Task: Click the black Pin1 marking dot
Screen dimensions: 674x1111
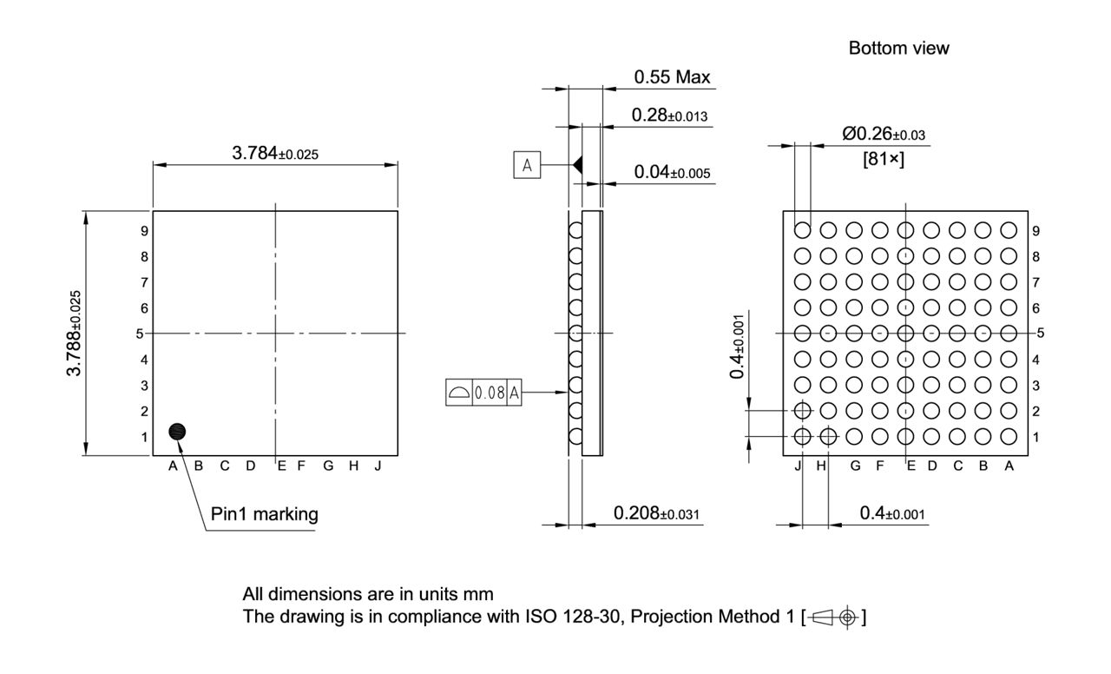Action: pos(178,432)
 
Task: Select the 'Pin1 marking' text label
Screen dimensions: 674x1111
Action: pos(265,514)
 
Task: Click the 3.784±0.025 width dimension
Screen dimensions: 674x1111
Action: pos(275,154)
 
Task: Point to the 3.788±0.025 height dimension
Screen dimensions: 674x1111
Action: pos(77,333)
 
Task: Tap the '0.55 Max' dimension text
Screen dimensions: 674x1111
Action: pos(672,77)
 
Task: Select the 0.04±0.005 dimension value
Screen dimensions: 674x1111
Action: pos(672,172)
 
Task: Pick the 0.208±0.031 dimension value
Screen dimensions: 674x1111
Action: pos(657,514)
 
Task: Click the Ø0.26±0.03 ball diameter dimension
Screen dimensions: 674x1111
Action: pos(883,134)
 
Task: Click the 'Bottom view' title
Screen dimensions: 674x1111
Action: pos(898,49)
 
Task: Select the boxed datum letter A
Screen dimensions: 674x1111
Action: pos(527,164)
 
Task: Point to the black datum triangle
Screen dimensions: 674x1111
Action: pos(576,164)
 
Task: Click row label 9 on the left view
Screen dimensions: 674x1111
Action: pos(144,231)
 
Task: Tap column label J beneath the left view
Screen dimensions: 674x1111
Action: pos(378,466)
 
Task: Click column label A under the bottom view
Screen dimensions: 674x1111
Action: pos(1009,466)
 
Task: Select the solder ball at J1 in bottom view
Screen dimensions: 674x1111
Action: pos(803,436)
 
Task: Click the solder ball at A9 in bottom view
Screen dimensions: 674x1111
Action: pos(1009,230)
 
